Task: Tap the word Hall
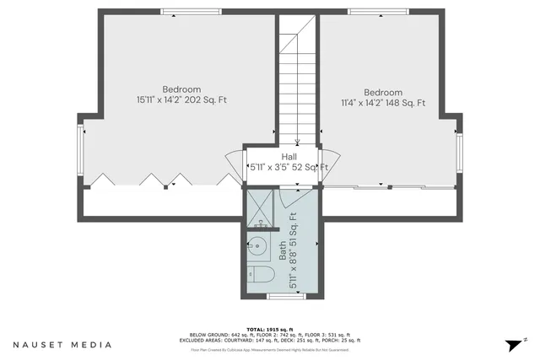(288, 157)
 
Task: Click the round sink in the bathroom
(258, 247)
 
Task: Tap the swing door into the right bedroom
(331, 159)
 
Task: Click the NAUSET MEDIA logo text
(62, 345)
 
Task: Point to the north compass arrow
(515, 344)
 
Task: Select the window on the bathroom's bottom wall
(279, 297)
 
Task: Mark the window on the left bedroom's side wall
(82, 151)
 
